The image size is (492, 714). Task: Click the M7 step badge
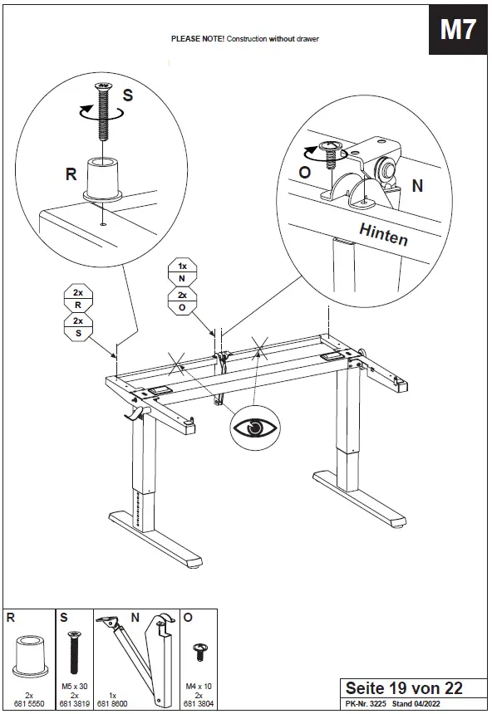click(458, 31)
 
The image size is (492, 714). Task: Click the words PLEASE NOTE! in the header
click(198, 39)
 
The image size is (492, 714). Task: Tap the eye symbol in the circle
click(255, 428)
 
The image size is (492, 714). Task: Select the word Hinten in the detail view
click(383, 234)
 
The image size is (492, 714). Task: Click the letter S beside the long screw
click(127, 95)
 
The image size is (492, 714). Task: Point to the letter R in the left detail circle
click(71, 174)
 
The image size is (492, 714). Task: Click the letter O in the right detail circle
click(305, 172)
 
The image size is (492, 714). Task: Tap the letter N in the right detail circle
click(417, 187)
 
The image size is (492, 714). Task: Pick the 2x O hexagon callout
click(182, 301)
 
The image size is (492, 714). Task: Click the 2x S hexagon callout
click(78, 328)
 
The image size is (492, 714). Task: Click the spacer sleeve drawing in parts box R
click(28, 657)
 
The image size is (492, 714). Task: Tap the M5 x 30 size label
click(74, 686)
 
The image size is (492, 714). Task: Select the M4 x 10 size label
click(199, 686)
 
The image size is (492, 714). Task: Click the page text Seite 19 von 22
click(403, 688)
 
